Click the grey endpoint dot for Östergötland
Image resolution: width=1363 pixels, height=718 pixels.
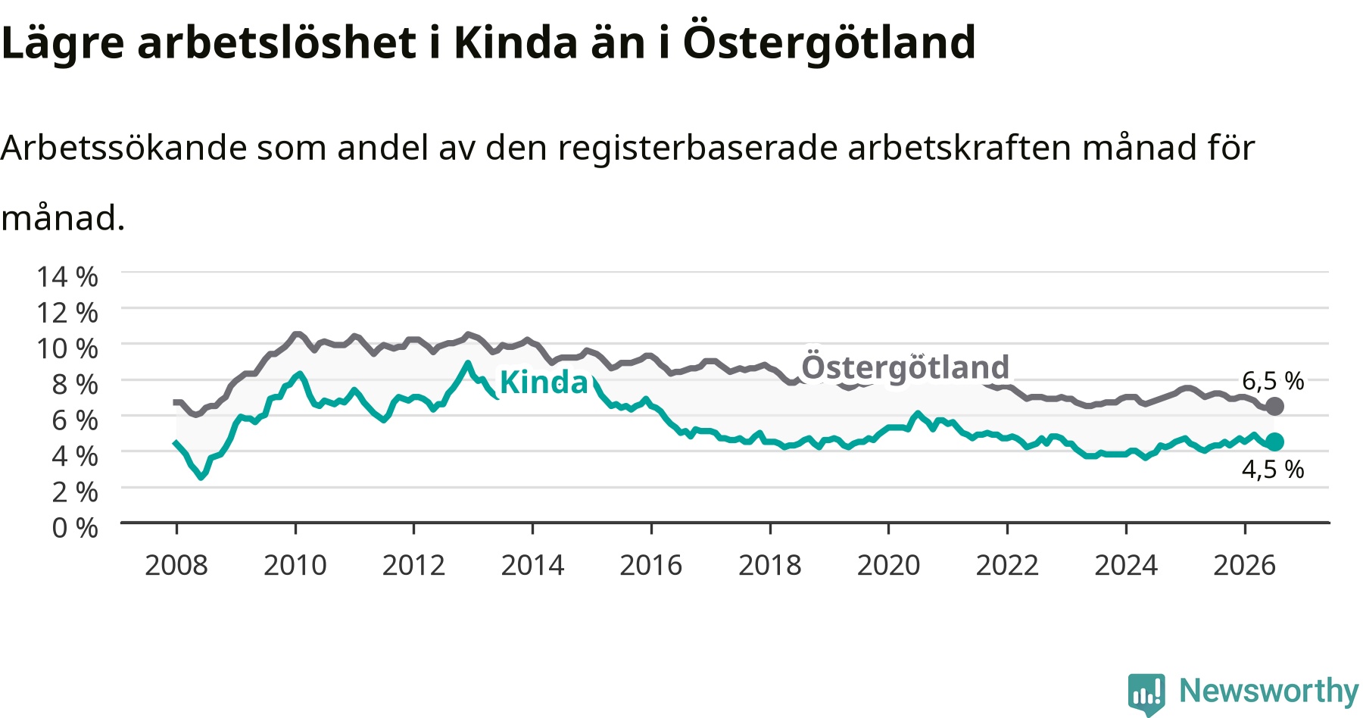pyautogui.click(x=1274, y=406)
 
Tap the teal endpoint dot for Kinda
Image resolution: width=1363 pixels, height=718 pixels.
pyautogui.click(x=1274, y=442)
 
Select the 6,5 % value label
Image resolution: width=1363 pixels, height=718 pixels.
pyautogui.click(x=1273, y=380)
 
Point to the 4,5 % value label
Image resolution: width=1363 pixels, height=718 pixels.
pyautogui.click(x=1273, y=470)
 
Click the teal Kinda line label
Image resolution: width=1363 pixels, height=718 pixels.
pyautogui.click(x=544, y=382)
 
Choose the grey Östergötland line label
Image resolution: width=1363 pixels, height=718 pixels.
pyautogui.click(x=906, y=367)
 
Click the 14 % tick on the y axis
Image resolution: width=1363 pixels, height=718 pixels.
pyautogui.click(x=67, y=276)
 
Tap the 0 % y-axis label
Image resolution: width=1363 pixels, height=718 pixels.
pyautogui.click(x=75, y=527)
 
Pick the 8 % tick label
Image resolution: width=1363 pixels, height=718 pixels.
pyautogui.click(x=75, y=384)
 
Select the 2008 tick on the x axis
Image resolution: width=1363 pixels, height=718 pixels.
pyautogui.click(x=176, y=565)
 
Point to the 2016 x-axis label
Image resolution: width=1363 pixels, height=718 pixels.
pyautogui.click(x=651, y=565)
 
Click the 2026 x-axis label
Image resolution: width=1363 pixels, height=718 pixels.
pyautogui.click(x=1245, y=565)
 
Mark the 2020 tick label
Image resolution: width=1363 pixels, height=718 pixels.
pyautogui.click(x=889, y=565)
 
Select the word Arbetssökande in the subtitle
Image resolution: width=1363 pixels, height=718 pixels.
pyautogui.click(x=124, y=147)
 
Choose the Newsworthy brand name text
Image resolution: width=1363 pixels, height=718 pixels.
pyautogui.click(x=1269, y=691)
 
